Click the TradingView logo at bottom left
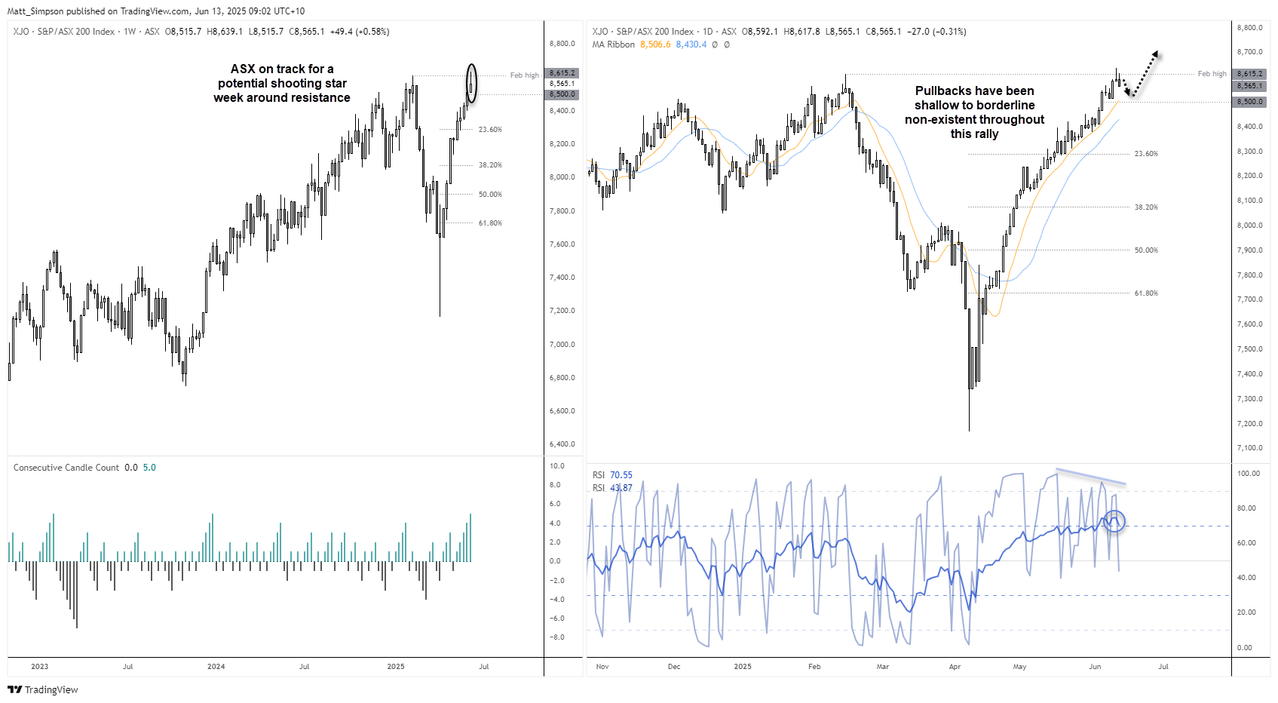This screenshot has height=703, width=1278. [42, 689]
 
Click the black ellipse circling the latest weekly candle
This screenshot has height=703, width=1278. [471, 83]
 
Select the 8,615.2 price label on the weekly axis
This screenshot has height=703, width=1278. [562, 73]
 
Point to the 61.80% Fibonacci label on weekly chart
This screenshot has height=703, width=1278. [490, 223]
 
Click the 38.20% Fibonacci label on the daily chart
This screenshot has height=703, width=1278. [1146, 207]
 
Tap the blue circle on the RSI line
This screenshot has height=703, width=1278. [1114, 520]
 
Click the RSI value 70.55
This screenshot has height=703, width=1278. [621, 475]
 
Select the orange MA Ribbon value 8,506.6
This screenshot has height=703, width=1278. [655, 45]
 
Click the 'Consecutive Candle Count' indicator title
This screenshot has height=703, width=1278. [66, 468]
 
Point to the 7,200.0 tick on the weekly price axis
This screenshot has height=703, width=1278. [562, 311]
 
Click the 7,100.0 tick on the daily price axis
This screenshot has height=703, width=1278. [1249, 448]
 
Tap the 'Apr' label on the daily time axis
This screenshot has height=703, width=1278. [955, 667]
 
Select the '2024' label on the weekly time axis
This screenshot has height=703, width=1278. [216, 667]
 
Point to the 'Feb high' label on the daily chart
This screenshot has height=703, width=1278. [1212, 74]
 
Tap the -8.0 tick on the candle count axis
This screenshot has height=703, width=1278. [556, 637]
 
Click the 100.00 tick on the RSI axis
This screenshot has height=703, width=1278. [1249, 474]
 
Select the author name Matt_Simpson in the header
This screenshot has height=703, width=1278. [35, 11]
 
